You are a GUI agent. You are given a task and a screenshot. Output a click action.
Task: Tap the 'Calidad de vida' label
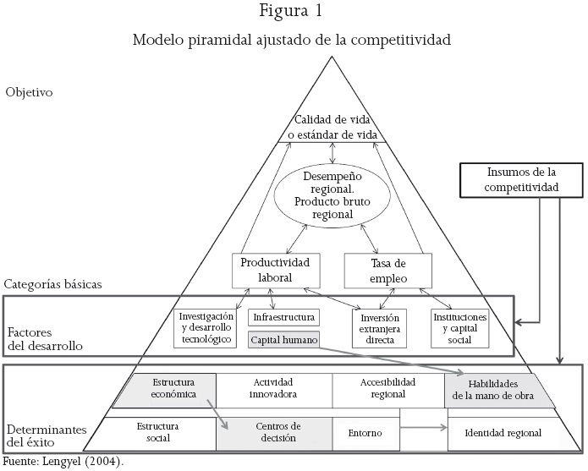click(335, 129)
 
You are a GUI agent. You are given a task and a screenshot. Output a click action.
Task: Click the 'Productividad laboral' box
click(272, 271)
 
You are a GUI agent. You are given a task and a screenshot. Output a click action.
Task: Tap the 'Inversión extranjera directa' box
click(379, 329)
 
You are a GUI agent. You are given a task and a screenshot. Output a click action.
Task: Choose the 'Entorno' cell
click(365, 432)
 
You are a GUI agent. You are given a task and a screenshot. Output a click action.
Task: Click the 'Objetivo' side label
click(30, 91)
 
